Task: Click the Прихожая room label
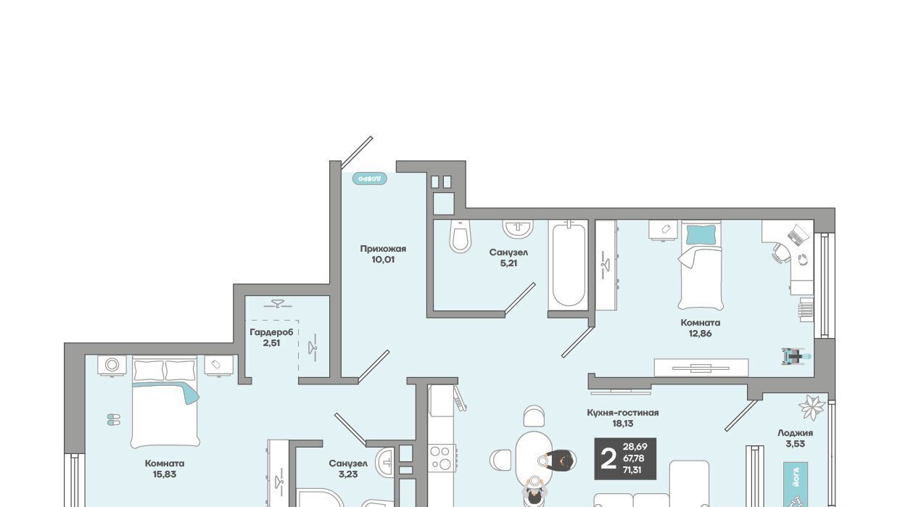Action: click(383, 249)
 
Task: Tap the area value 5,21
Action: click(508, 263)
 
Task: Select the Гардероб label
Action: click(272, 332)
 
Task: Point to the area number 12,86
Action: click(700, 333)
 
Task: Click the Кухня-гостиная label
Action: click(622, 413)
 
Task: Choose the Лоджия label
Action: click(795, 433)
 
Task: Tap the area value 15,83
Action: click(165, 474)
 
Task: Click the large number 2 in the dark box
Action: click(608, 459)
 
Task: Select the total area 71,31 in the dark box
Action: click(632, 469)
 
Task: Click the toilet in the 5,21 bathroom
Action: click(460, 236)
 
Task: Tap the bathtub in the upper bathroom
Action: click(569, 265)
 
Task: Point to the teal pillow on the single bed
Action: click(701, 234)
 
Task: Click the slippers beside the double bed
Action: click(114, 419)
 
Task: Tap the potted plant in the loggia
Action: click(812, 408)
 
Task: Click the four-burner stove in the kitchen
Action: click(442, 458)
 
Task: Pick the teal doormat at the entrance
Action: click(370, 178)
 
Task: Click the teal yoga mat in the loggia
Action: click(796, 485)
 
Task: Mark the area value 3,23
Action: click(348, 474)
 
